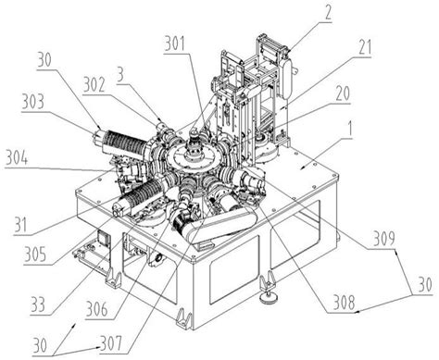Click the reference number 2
327,13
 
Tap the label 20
342,93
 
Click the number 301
175,43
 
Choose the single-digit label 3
120,75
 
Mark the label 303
33,102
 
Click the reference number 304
18,158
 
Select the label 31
20,226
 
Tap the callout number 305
35,254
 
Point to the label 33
38,304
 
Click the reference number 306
97,310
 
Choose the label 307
111,344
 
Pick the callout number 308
344,304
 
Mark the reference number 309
384,240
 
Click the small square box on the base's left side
104,238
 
